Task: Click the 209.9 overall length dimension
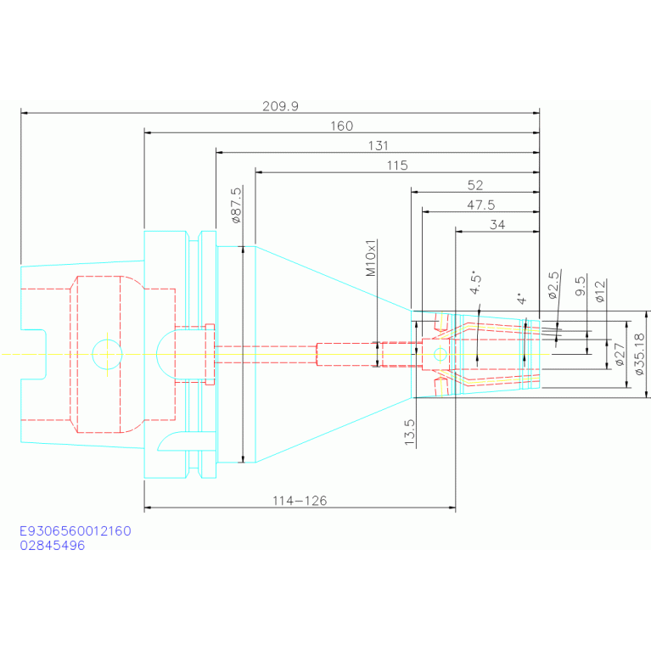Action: coord(280,106)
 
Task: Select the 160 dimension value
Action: coord(342,126)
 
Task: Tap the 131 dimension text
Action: coord(379,146)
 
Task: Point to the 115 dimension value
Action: coord(397,166)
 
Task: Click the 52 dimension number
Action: coord(475,185)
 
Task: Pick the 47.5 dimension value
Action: coord(480,205)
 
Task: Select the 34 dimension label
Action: coord(497,225)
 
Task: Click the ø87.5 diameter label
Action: coord(236,205)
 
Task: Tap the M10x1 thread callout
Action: coord(370,257)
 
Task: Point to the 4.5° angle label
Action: coord(476,283)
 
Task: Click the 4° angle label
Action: coord(521,298)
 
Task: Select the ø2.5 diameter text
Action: coord(554,285)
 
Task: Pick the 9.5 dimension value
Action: coord(581,286)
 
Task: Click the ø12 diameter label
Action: coord(600,291)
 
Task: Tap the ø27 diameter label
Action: coord(620,354)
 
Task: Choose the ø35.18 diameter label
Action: coord(639,354)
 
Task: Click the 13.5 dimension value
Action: coord(410,432)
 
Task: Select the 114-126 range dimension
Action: coord(300,501)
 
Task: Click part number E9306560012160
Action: coord(76,531)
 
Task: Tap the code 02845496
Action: coord(53,546)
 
